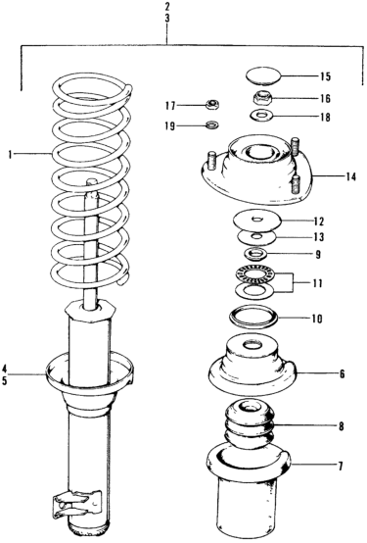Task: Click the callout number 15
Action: [x=325, y=76]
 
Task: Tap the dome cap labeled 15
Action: [x=262, y=76]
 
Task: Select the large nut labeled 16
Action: [x=262, y=97]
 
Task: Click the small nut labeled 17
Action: [x=211, y=104]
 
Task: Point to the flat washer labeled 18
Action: [x=262, y=116]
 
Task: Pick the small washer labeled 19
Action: [x=211, y=124]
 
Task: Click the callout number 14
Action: [x=350, y=177]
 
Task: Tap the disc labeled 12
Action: [x=257, y=222]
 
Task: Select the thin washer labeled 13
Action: [x=256, y=237]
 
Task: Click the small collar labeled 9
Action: [x=256, y=255]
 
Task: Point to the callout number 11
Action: [x=317, y=283]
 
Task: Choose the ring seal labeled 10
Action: [x=253, y=317]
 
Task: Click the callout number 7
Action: [x=341, y=466]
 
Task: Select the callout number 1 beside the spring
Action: [x=11, y=155]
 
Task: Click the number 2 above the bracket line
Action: [x=167, y=6]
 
